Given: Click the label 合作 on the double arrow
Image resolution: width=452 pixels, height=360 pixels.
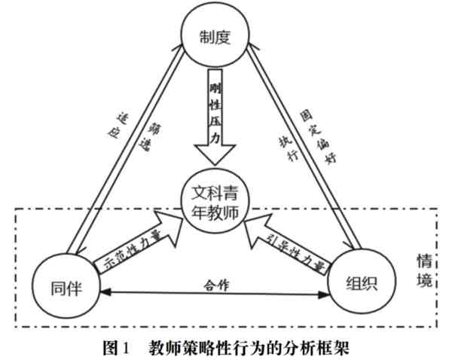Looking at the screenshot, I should [x=214, y=285].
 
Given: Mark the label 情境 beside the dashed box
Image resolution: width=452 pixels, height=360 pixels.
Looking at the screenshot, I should [x=425, y=271].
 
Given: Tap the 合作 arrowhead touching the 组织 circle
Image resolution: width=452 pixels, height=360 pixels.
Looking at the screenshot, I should [x=325, y=291].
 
